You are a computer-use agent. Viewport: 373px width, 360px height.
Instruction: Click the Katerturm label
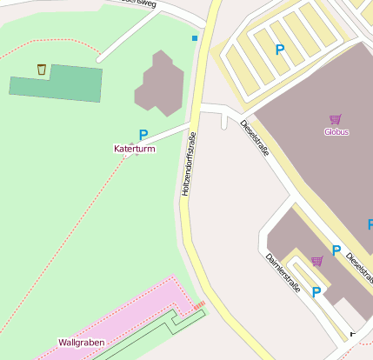(x=134, y=150)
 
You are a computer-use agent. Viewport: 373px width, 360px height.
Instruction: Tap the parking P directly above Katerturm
(x=143, y=135)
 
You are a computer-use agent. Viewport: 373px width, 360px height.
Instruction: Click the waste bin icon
(x=42, y=69)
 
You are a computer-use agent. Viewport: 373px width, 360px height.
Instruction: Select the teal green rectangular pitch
(x=56, y=84)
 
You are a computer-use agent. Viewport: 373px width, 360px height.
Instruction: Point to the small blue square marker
(x=195, y=38)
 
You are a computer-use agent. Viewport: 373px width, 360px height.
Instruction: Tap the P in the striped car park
(x=279, y=50)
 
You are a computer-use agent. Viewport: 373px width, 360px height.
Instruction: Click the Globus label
(x=336, y=132)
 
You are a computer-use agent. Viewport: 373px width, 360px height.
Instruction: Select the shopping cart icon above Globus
(x=335, y=119)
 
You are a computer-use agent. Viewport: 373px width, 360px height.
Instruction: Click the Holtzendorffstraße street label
(x=186, y=163)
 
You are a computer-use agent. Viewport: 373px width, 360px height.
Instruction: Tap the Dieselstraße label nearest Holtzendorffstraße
(x=255, y=139)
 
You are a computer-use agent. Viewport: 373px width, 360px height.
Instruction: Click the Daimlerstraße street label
(x=283, y=272)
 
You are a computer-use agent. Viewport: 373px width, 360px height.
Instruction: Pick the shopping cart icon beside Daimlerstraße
(x=317, y=261)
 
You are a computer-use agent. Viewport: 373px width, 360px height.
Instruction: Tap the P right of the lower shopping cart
(x=336, y=250)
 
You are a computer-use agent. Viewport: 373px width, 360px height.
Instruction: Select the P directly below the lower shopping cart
(x=316, y=292)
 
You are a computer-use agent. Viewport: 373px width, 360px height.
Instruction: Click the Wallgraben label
(x=81, y=343)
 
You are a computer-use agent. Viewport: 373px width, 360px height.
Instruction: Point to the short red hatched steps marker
(x=199, y=305)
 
